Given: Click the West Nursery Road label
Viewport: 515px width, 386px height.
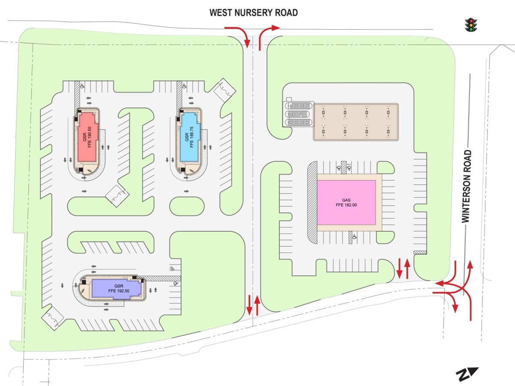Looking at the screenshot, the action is tap(253, 13).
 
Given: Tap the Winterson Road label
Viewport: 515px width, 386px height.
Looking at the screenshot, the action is tap(467, 186).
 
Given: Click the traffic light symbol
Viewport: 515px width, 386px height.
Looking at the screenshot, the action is tap(471, 25).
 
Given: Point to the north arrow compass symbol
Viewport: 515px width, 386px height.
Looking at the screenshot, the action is tap(467, 374).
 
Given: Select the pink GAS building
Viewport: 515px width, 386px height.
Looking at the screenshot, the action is tap(346, 202).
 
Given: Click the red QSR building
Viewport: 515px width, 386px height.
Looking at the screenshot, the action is tap(87, 137).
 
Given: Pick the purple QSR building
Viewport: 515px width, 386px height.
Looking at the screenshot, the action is tap(117, 289).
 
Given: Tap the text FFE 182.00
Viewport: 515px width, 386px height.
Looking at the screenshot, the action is tap(346, 205).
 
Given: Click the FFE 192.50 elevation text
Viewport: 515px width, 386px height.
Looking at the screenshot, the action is tap(119, 291).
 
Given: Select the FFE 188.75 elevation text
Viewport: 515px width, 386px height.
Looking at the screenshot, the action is tap(192, 137).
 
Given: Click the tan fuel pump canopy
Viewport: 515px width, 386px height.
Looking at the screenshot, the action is tap(356, 122).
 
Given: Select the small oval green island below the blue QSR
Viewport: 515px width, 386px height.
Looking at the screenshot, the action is tap(187, 206).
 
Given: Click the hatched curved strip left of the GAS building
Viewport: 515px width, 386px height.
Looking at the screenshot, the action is tap(312, 202).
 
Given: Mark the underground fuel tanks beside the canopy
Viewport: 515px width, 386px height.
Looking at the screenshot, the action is tap(298, 114).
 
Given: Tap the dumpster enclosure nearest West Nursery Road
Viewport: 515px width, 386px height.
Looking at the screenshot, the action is tap(224, 90).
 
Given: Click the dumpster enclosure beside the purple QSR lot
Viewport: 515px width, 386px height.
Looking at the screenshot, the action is tap(52, 318).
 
